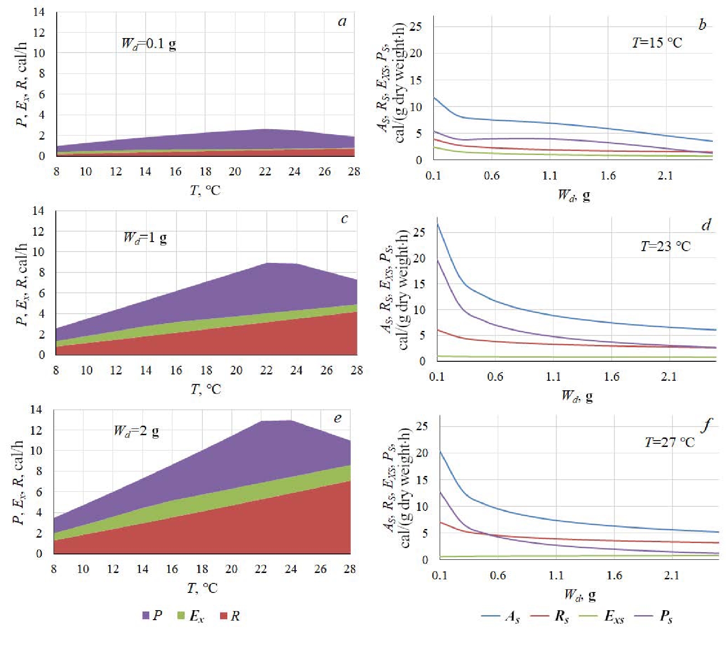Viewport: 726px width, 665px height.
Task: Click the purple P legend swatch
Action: pyautogui.click(x=146, y=615)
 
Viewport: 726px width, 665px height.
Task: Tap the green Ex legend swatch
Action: pyautogui.click(x=181, y=615)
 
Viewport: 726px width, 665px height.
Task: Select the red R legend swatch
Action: pyautogui.click(x=223, y=616)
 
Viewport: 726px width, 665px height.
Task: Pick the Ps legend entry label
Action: pyautogui.click(x=666, y=616)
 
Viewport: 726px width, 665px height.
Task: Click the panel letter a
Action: pyautogui.click(x=342, y=22)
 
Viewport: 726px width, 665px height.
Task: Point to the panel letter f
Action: pyautogui.click(x=706, y=425)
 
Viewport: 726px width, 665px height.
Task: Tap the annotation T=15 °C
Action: pyautogui.click(x=657, y=43)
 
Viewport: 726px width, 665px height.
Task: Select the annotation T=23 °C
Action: pyautogui.click(x=665, y=246)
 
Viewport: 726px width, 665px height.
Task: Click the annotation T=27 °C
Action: pyautogui.click(x=669, y=442)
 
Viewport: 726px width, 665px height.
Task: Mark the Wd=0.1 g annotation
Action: pyautogui.click(x=149, y=44)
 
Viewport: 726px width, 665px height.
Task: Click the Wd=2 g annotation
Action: pyautogui.click(x=136, y=431)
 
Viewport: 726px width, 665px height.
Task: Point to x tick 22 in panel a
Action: pyautogui.click(x=265, y=171)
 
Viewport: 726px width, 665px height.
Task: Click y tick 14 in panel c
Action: pyautogui.click(x=39, y=211)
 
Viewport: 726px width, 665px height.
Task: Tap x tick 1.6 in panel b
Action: pyautogui.click(x=608, y=175)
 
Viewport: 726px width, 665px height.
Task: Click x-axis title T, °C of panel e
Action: pyautogui.click(x=202, y=588)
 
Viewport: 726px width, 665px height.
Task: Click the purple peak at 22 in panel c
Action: pyautogui.click(x=267, y=263)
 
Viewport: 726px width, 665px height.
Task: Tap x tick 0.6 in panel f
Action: pyautogui.click(x=498, y=575)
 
